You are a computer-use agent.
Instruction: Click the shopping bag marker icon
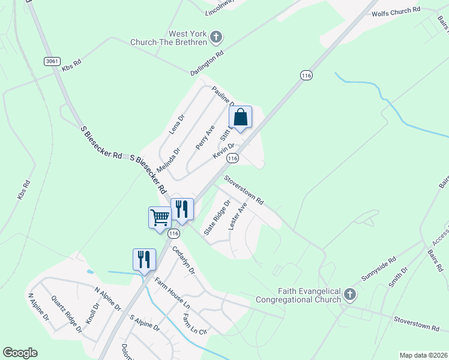click(x=240, y=117)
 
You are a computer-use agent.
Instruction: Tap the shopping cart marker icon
click(x=160, y=217)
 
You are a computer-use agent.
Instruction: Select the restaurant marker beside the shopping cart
click(x=182, y=209)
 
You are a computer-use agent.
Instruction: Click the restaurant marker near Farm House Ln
click(x=144, y=259)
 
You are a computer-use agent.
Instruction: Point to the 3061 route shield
click(x=52, y=61)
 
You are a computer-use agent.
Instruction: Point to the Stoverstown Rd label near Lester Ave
click(x=244, y=190)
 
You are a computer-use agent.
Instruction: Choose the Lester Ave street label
click(x=238, y=217)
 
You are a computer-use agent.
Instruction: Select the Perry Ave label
click(x=205, y=138)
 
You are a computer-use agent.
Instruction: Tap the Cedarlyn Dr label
click(x=184, y=260)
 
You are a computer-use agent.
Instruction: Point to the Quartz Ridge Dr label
click(x=66, y=314)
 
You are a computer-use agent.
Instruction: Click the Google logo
click(x=20, y=353)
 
